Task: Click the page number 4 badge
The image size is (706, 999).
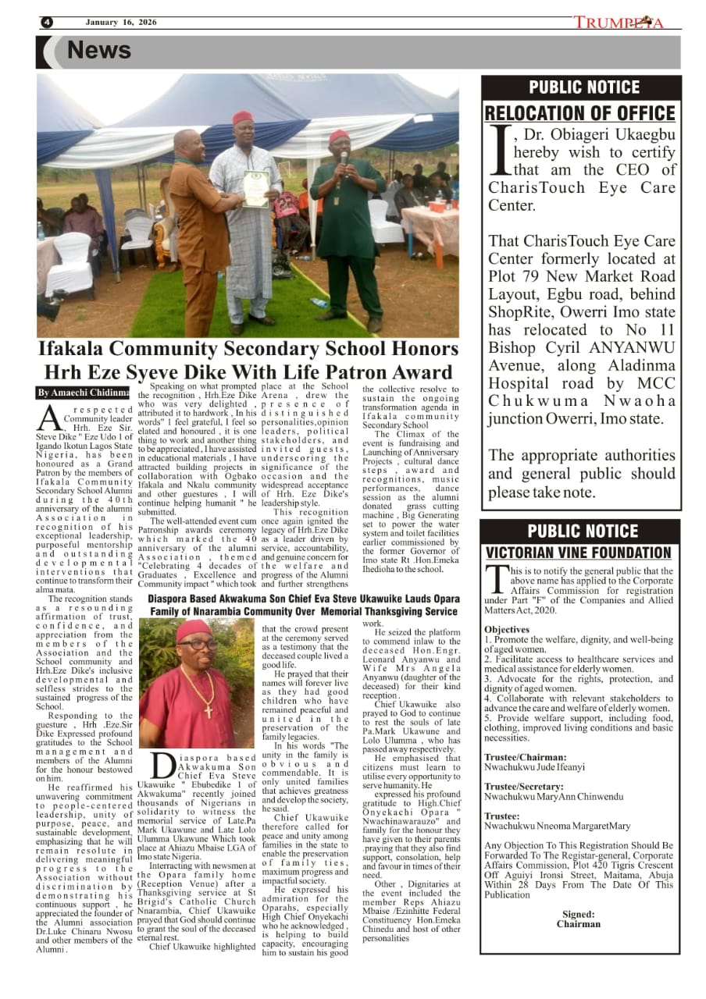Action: [x=47, y=23]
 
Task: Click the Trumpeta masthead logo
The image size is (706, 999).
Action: [x=619, y=23]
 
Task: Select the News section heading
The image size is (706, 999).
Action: [x=98, y=51]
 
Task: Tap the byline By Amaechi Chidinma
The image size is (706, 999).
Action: [x=84, y=392]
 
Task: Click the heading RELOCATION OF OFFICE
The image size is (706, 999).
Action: [x=580, y=113]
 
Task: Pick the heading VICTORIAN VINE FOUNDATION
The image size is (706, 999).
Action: [x=579, y=553]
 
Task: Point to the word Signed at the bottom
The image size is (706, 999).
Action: [x=578, y=913]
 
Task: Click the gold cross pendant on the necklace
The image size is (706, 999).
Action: [x=208, y=711]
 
